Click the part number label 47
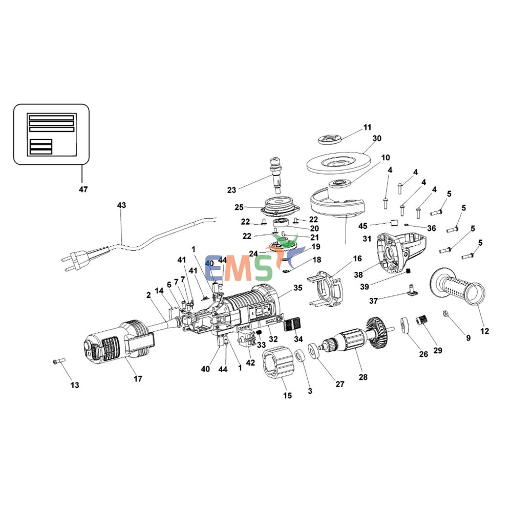[83, 189]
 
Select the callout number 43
[121, 205]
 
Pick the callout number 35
[298, 289]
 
